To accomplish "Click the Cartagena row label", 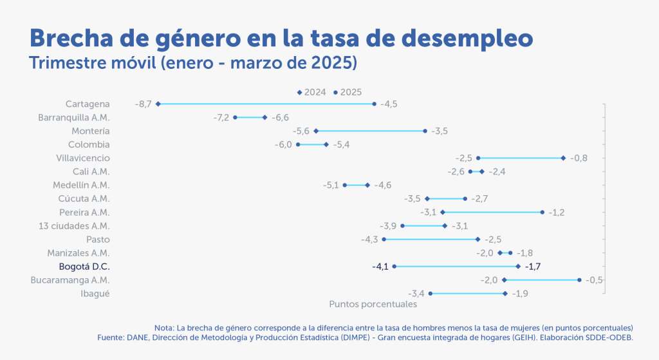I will point(88,104).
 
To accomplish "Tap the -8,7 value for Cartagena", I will point(143,104).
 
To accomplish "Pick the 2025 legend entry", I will point(348,92).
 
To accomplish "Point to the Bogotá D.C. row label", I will point(84,267).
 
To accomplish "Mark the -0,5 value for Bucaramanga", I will point(595,280).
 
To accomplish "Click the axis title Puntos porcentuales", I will point(373,304).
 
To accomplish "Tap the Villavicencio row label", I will point(83,158).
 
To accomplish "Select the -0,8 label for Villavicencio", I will point(579,158).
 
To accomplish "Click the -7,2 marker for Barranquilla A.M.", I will point(236,117).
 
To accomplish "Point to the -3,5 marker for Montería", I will point(425,131).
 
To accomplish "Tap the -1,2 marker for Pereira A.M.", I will point(543,212).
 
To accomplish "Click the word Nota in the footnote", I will point(163,327).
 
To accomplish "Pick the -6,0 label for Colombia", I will point(283,144).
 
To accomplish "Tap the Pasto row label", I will point(97,240).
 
